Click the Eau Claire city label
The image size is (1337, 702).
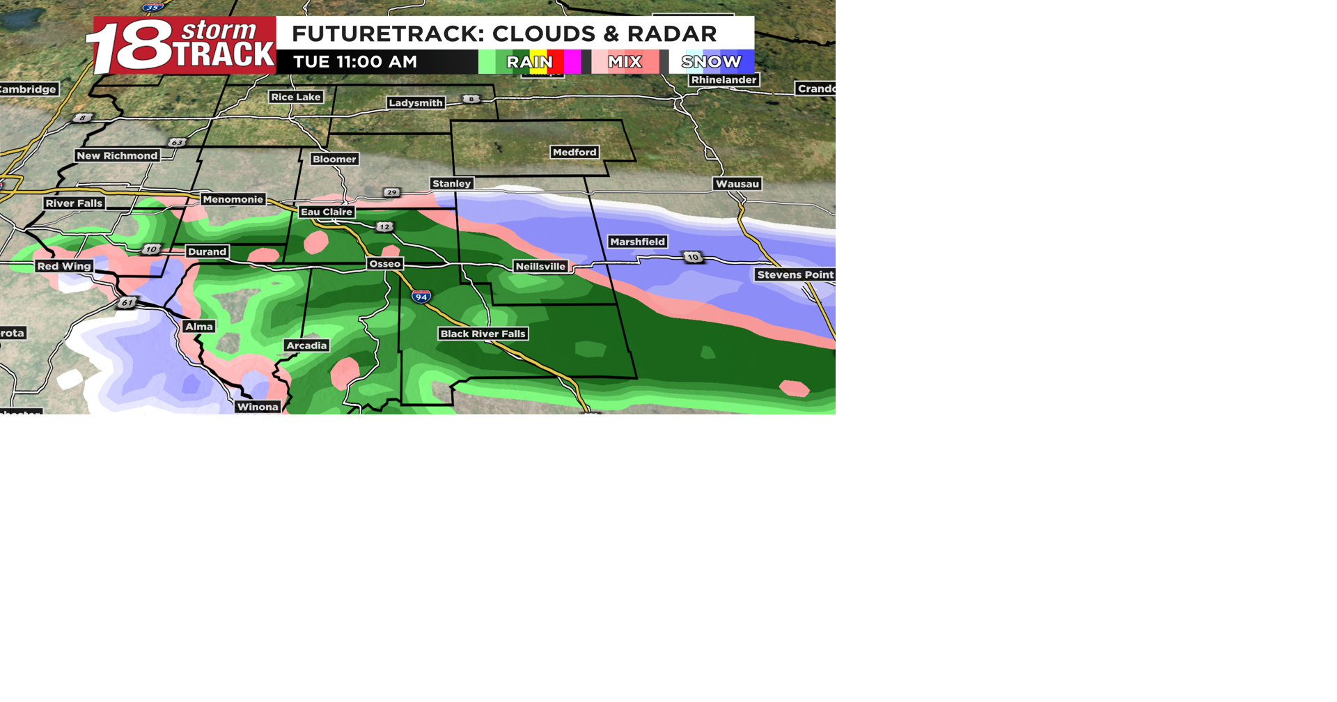pyautogui.click(x=327, y=212)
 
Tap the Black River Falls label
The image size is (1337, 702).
pyautogui.click(x=483, y=334)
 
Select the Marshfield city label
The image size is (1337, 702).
pyautogui.click(x=637, y=242)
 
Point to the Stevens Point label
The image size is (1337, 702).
pyautogui.click(x=795, y=274)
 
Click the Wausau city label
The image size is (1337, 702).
pyautogui.click(x=737, y=184)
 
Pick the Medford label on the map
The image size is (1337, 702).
pyautogui.click(x=574, y=152)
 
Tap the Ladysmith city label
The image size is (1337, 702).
pyautogui.click(x=416, y=102)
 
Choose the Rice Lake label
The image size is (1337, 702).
pyautogui.click(x=296, y=97)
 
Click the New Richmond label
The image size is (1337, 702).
pyautogui.click(x=117, y=155)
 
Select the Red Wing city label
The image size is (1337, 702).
pyautogui.click(x=64, y=266)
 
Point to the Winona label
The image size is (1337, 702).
pyautogui.click(x=258, y=407)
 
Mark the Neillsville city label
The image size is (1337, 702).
pyautogui.click(x=540, y=266)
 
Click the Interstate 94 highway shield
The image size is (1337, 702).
pyautogui.click(x=421, y=297)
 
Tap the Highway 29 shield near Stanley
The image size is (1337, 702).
pyautogui.click(x=392, y=192)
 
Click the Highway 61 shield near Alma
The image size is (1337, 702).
pyautogui.click(x=127, y=302)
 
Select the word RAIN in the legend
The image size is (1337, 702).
pyautogui.click(x=529, y=62)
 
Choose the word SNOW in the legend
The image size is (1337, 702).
pyautogui.click(x=711, y=62)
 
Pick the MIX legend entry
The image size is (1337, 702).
pyautogui.click(x=625, y=62)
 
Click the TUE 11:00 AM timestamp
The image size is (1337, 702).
pyautogui.click(x=355, y=62)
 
